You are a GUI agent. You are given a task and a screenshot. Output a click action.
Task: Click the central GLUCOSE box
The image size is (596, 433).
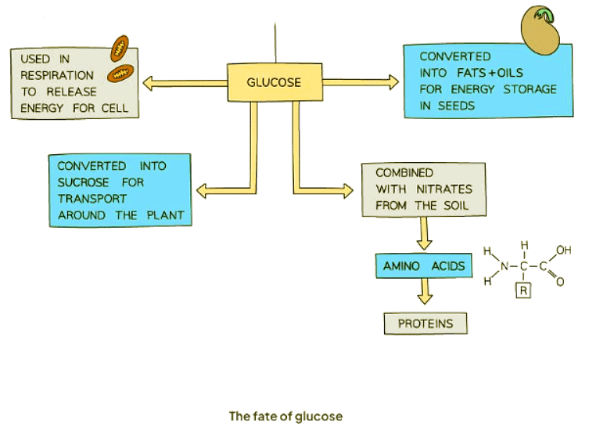[x=274, y=82]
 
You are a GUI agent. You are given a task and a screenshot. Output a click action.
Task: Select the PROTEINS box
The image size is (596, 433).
[x=424, y=323]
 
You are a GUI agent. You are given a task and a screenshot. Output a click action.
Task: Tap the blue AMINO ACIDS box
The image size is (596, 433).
[x=424, y=266]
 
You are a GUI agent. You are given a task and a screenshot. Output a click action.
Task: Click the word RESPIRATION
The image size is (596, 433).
[x=57, y=76]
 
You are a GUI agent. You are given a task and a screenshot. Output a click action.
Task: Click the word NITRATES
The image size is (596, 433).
[x=436, y=189]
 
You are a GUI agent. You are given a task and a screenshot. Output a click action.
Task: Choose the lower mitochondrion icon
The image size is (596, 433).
[x=120, y=74]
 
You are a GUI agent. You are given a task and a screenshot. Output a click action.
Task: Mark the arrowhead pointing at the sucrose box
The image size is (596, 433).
[x=202, y=189]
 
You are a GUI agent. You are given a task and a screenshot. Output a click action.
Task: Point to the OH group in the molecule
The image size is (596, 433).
[x=565, y=251]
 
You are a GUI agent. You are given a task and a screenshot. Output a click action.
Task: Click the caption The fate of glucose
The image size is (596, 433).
[x=285, y=417]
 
